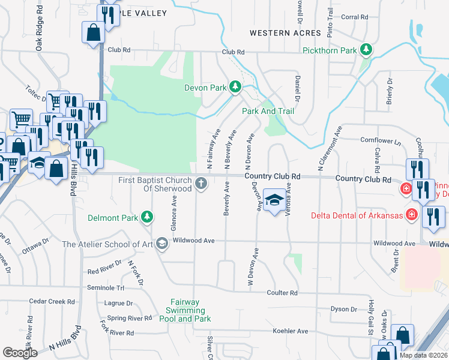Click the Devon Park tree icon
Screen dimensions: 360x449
pos(235,88)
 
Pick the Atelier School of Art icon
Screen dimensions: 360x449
pos(161,244)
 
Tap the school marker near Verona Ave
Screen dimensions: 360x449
pos(274,200)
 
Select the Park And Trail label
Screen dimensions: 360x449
pos(268,111)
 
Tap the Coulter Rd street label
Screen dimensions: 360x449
pos(282,293)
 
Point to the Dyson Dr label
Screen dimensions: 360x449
pos(343,309)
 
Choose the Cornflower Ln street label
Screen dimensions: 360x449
pos(380,140)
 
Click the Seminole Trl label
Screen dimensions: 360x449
pos(106,288)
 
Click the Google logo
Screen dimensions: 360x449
pos(20,352)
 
